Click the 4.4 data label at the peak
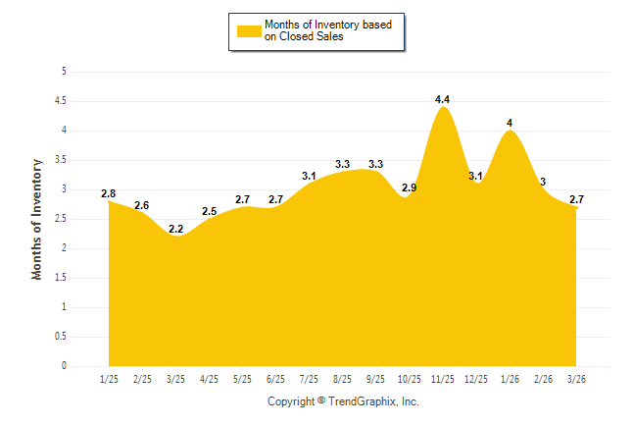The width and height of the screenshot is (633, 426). pos(442,99)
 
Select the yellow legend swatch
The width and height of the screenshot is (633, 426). pos(248,30)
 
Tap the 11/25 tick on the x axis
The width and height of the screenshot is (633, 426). pos(442,378)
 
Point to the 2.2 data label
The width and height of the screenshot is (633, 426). pos(175,229)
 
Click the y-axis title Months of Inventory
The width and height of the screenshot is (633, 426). pos(37,219)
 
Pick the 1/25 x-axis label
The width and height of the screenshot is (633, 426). pos(109,378)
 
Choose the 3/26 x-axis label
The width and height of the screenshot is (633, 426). pos(577,378)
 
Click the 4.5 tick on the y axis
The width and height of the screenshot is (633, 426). pos(61,101)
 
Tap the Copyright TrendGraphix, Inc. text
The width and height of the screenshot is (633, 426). pos(343,401)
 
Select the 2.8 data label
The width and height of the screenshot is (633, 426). pos(109,193)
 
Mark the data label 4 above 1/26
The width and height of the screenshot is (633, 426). pos(510,123)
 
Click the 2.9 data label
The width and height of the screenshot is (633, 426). pos(409,187)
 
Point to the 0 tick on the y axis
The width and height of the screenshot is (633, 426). pos(64,366)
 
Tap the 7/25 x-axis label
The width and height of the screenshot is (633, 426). pos(309,378)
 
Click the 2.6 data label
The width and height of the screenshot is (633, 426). pos(142,205)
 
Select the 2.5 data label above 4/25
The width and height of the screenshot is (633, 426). pos(209,211)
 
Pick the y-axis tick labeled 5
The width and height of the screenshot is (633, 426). pos(64,72)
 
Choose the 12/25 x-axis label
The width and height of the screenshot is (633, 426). pos(476,378)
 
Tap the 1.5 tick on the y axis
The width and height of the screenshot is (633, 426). pos(61,278)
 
